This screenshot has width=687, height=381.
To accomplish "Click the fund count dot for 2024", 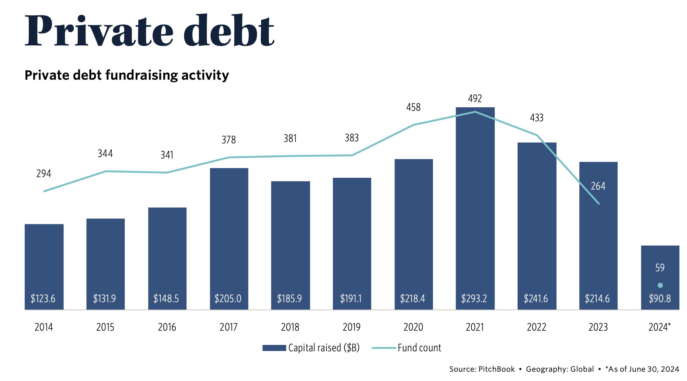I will coord(660,285).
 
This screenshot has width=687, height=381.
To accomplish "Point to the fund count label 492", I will coord(475,99).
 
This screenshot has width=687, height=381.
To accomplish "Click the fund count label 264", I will coord(598,186).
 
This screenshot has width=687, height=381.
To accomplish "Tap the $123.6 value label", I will coord(43,299).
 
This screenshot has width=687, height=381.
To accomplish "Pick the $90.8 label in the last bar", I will coord(660,299).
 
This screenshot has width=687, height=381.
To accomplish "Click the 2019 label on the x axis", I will coord(352,327).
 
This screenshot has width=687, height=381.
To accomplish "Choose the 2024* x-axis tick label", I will coord(660,327).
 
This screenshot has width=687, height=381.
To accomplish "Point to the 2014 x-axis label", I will coord(44,327).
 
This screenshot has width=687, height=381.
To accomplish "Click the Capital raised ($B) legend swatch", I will coord(274,348).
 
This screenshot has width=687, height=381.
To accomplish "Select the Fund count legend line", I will coord(384,348).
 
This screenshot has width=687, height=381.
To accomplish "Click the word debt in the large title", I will coord(229,31).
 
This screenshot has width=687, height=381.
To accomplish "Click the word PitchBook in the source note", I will coord(496,369).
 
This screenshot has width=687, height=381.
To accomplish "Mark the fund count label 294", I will coord(44,174).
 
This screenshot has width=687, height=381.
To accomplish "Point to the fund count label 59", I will coord(660,268).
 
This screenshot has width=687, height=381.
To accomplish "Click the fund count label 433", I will coord(537,118).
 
